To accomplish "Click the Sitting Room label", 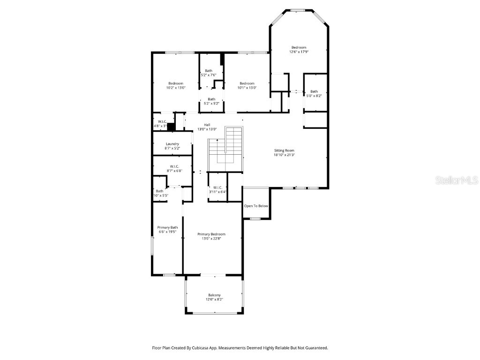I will click(x=284, y=150).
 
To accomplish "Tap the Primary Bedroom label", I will click(x=211, y=234).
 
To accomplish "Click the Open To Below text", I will click(x=256, y=206).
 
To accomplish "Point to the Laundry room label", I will click(x=172, y=144).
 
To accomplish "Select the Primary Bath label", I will click(x=167, y=227).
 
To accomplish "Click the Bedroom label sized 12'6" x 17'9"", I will click(x=299, y=47).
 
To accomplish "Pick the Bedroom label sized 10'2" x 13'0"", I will click(x=175, y=83).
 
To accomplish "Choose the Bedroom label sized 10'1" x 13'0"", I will click(x=247, y=83).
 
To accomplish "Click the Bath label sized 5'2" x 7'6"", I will click(x=208, y=71).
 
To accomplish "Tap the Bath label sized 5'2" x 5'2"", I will click(x=211, y=99).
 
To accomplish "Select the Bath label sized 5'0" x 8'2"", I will click(x=314, y=91).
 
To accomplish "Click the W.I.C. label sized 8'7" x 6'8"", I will click(x=174, y=166).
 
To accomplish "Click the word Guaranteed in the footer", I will click(x=315, y=348).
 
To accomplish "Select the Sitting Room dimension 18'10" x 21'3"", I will click(x=284, y=155).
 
